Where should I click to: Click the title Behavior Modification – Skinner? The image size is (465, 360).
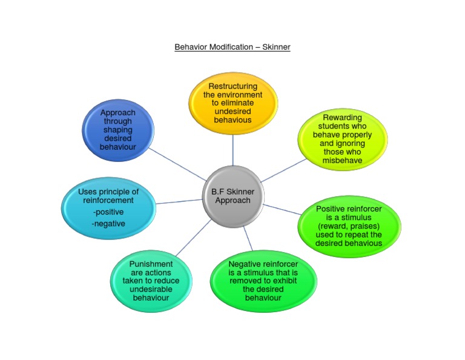232,47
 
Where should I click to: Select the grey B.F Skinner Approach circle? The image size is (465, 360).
233,196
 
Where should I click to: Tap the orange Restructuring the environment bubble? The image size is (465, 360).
233,103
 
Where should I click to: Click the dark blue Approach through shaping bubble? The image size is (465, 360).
118,130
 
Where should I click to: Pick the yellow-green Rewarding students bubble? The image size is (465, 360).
342,139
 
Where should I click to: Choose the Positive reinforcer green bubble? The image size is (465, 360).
349,226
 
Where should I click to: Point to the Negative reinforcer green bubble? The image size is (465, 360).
263,281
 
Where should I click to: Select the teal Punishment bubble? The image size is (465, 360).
151,281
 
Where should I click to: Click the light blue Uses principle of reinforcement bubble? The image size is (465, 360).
109,208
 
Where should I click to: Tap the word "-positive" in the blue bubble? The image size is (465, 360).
109,212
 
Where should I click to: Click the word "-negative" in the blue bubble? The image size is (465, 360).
109,223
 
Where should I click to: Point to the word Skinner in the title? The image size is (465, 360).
276,47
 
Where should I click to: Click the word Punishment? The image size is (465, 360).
151,264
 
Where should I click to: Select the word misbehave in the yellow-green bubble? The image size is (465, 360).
342,161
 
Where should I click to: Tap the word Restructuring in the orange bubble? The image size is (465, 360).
233,87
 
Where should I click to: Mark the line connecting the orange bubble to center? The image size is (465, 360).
233,150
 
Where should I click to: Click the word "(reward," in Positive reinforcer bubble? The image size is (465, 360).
332,226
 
